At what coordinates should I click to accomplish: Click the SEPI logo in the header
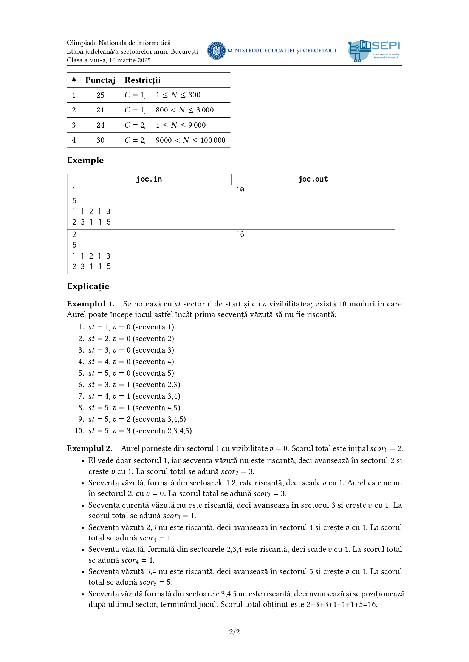(374, 51)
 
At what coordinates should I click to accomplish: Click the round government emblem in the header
(217, 51)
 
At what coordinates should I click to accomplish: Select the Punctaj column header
(100, 80)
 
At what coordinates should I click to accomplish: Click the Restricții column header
(142, 80)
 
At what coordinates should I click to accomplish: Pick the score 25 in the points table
(100, 95)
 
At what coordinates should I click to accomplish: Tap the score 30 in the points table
(100, 140)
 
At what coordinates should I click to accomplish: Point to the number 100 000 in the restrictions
(213, 140)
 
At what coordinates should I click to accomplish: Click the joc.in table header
(149, 179)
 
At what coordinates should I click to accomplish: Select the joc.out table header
(313, 179)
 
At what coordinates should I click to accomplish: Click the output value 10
(240, 190)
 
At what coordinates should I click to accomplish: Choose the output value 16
(240, 235)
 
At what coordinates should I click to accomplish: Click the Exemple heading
(85, 160)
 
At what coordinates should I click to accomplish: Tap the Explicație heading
(88, 286)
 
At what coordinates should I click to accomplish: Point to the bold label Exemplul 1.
(90, 304)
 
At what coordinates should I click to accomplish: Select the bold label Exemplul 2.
(90, 449)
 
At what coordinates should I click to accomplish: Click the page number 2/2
(234, 632)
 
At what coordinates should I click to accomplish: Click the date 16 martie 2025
(130, 60)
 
